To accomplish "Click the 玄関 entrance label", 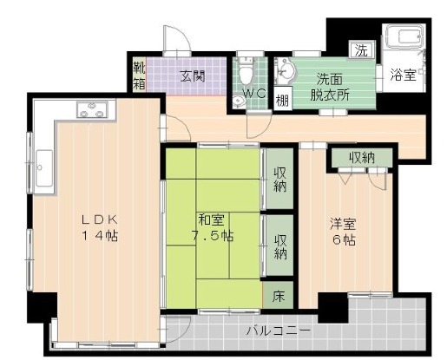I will tap(193, 75).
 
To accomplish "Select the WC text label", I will tap(253, 93).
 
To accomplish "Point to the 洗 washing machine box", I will tap(358, 50).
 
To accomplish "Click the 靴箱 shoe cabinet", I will tap(140, 75).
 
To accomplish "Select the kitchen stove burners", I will tap(91, 109).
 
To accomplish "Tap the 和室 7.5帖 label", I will tap(213, 227).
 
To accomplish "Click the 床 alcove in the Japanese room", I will tap(279, 296).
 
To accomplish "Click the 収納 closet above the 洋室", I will tap(362, 157).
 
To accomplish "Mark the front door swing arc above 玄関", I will tap(177, 39).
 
